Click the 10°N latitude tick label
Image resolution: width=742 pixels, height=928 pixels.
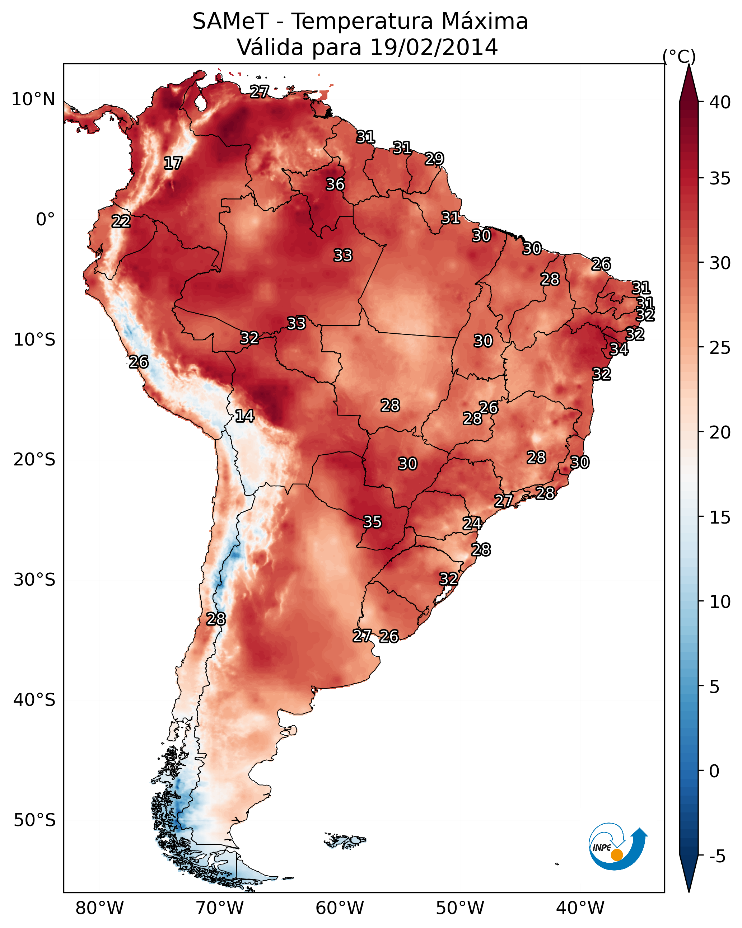click(33, 99)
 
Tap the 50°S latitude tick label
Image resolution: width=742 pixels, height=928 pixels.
click(34, 820)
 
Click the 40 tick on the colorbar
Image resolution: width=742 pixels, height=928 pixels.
click(720, 102)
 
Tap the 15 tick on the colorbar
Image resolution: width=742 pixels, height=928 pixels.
click(720, 517)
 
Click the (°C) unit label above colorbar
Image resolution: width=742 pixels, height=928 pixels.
click(679, 56)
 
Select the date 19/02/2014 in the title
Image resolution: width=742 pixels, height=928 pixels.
click(434, 47)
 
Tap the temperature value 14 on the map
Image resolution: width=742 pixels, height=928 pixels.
click(244, 416)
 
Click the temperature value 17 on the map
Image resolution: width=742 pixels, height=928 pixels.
click(173, 163)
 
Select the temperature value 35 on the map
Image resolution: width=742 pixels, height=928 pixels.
click(373, 522)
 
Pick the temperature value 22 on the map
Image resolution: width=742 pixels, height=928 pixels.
click(121, 221)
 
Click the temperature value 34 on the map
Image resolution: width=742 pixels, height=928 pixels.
click(619, 349)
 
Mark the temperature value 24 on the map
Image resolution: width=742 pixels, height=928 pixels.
click(472, 524)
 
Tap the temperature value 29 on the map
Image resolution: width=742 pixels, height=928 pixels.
click(434, 159)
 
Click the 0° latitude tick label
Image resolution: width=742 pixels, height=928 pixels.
click(45, 220)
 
